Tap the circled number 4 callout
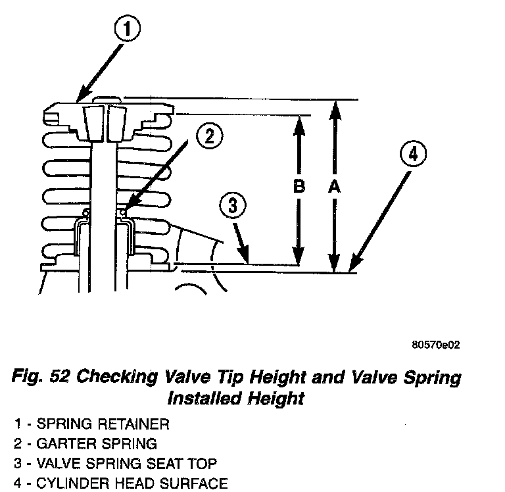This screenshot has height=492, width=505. (411, 156)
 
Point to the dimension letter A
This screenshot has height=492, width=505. (334, 187)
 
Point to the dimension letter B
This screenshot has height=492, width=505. (299, 187)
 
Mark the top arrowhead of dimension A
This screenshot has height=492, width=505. (335, 106)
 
